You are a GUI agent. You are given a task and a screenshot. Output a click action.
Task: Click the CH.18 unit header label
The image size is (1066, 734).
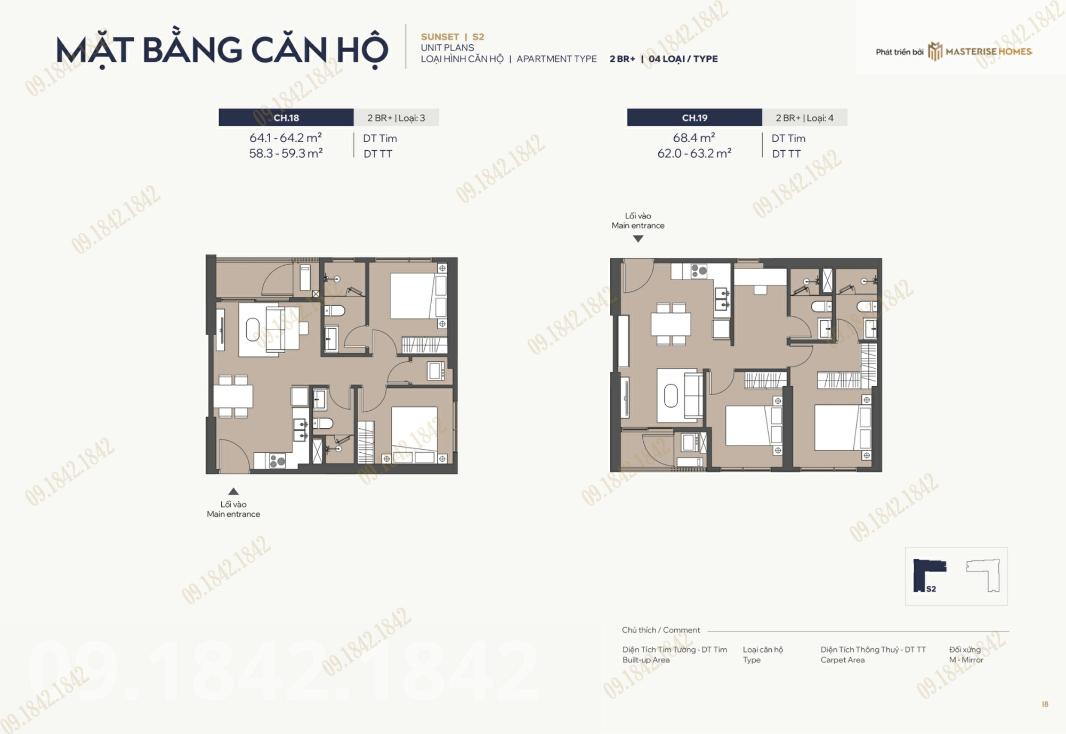coord(286,118)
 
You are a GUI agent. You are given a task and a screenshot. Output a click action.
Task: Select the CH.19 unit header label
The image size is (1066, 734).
coord(694,118)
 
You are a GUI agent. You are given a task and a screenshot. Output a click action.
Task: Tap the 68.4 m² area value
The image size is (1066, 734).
coord(694,137)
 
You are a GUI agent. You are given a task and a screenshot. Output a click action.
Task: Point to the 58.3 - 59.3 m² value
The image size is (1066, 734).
coord(286,153)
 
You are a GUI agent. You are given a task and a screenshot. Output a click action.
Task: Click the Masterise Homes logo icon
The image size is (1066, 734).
coord(935,52)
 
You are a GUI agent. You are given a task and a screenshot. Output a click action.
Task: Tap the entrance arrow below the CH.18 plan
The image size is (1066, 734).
coord(233,491)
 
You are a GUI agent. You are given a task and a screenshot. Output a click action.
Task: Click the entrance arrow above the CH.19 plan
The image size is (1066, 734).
coord(638,239)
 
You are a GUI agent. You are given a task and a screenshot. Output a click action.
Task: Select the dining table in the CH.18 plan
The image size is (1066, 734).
coord(233,396)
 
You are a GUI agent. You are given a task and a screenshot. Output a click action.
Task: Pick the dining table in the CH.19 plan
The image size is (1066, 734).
coord(671,324)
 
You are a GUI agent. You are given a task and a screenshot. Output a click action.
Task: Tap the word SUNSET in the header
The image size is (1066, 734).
coord(440,37)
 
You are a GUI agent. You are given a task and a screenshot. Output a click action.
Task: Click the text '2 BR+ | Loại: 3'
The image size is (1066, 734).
coord(396,118)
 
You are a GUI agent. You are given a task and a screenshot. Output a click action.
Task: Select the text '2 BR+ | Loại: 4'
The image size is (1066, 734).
coord(804,118)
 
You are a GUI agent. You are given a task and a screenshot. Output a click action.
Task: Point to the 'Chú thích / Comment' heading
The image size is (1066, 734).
coord(661,630)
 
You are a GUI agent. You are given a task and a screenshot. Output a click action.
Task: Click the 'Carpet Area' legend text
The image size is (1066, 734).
coord(843,660)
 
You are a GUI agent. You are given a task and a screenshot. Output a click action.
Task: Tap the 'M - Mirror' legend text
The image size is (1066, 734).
coord(966,660)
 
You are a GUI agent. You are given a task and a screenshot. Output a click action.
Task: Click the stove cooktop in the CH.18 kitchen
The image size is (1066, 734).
coord(277,460)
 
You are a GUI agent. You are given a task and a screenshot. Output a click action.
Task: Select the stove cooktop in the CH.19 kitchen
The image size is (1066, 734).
coord(699,271)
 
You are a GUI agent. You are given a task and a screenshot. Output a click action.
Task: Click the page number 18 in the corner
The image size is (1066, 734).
coord(1045,704)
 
